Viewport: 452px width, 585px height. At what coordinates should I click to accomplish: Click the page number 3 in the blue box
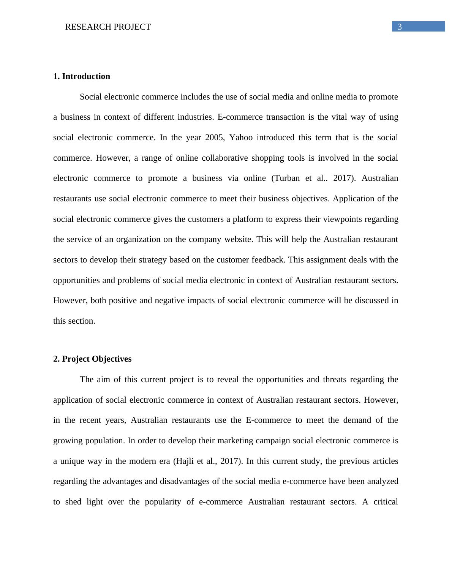click(400, 27)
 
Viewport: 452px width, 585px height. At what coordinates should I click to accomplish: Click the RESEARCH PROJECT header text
click(108, 27)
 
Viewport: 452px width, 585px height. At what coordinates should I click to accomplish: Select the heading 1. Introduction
click(82, 76)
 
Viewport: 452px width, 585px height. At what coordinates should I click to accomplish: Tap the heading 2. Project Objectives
click(92, 359)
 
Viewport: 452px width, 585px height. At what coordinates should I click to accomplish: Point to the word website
click(237, 239)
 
